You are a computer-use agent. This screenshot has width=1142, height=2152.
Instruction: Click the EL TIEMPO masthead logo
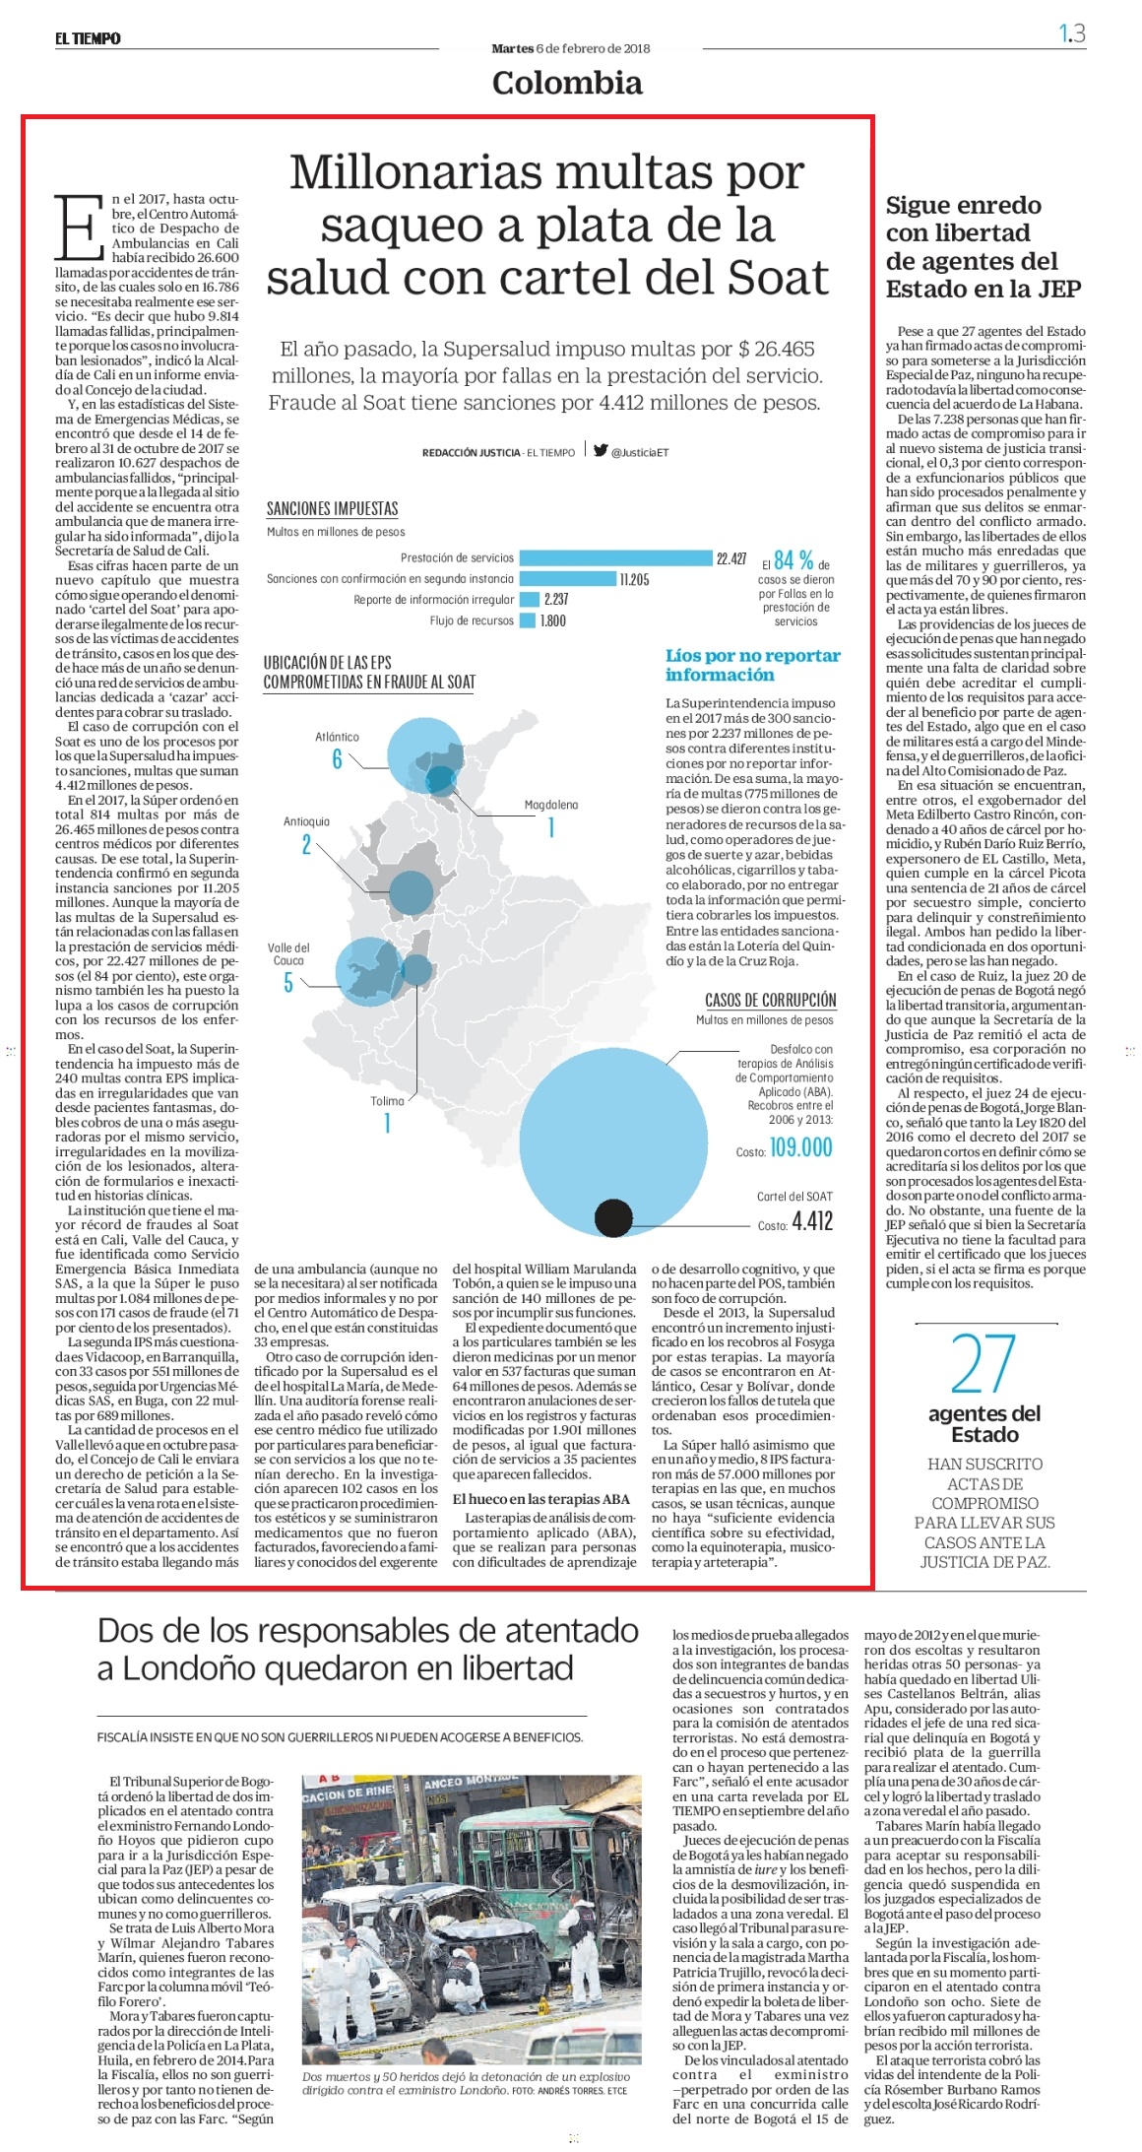pyautogui.click(x=88, y=38)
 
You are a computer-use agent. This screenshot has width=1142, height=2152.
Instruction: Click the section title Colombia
pyautogui.click(x=567, y=83)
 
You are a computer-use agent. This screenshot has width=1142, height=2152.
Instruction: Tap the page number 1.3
pyautogui.click(x=1072, y=33)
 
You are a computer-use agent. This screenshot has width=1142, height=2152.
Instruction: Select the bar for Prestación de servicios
pyautogui.click(x=615, y=558)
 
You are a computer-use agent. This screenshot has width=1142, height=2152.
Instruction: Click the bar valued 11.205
pyautogui.click(x=567, y=579)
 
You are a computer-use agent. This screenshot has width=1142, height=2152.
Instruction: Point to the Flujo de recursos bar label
pyautogui.click(x=472, y=620)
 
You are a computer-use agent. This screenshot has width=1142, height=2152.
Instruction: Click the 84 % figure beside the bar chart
pyautogui.click(x=793, y=560)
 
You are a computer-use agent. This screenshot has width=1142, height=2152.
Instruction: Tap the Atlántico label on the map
pyautogui.click(x=337, y=737)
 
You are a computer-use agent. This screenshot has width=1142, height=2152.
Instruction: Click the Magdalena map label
pyautogui.click(x=551, y=805)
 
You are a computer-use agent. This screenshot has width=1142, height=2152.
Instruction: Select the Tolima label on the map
pyautogui.click(x=387, y=1101)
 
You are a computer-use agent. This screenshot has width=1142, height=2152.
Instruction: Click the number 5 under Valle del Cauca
pyautogui.click(x=288, y=983)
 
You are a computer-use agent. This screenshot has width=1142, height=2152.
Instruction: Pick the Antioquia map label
pyautogui.click(x=306, y=821)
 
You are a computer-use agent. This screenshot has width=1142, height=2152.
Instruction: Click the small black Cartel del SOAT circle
pyautogui.click(x=613, y=1218)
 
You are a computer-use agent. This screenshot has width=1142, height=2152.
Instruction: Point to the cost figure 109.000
pyautogui.click(x=800, y=1147)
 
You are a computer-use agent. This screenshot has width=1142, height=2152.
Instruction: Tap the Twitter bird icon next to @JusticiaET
pyautogui.click(x=601, y=450)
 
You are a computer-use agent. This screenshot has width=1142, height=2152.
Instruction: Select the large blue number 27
pyautogui.click(x=983, y=1363)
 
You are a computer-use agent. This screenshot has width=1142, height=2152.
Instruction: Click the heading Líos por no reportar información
pyautogui.click(x=753, y=665)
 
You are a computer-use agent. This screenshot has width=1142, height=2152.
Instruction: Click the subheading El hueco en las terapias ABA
pyautogui.click(x=541, y=1499)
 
